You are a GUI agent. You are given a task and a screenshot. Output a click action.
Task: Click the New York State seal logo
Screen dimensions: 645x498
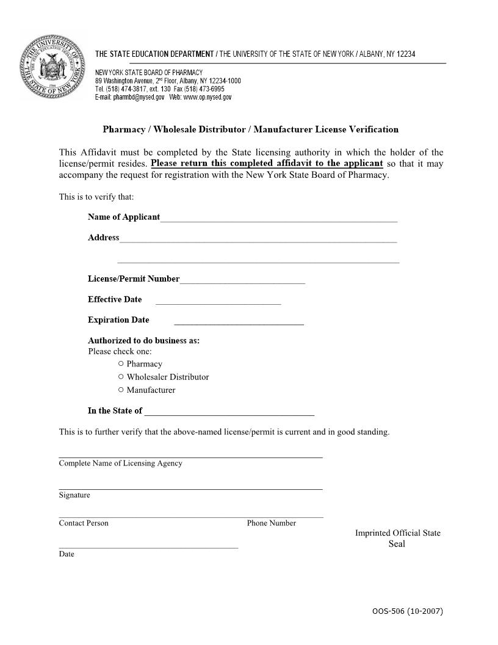point(52,67)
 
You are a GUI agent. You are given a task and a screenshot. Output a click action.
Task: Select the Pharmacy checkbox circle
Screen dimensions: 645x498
point(121,363)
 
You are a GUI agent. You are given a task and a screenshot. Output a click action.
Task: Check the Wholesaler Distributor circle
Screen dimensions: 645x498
point(121,377)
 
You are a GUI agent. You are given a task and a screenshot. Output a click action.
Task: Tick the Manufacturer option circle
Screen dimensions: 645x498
point(121,390)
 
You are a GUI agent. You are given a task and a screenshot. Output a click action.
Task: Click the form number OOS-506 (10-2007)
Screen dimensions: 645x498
point(407,611)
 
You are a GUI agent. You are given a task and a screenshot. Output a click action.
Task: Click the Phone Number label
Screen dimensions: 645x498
point(272,523)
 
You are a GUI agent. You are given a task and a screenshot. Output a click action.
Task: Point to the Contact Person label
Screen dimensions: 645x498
point(84,523)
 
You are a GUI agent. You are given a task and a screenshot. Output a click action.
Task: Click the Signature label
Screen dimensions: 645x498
point(74,495)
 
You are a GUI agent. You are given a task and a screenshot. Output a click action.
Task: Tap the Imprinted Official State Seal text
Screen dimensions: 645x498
point(397,538)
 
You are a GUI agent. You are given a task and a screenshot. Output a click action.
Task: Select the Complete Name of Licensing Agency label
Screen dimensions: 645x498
point(120,463)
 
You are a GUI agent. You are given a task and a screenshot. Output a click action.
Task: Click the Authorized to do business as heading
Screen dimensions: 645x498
point(143,340)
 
